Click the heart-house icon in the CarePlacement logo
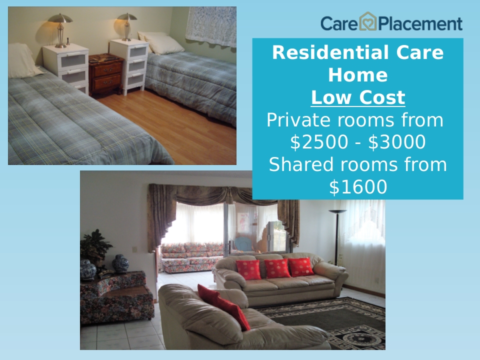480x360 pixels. point(367,21)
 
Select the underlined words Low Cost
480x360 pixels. point(358,97)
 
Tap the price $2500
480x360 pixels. point(319,141)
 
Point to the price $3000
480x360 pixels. point(396,141)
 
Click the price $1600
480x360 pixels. point(358,186)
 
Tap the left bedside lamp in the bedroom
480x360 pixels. point(60,30)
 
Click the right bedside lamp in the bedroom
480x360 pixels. point(126,26)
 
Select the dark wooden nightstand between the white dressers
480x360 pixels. point(106,74)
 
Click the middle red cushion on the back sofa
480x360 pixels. point(276,268)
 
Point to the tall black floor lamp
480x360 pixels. point(337,237)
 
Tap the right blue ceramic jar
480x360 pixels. point(120,263)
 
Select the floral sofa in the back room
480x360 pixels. point(192,257)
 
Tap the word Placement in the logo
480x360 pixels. point(420,23)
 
